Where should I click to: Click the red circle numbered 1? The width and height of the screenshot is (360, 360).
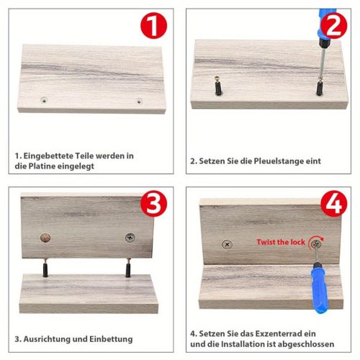[x=153, y=25]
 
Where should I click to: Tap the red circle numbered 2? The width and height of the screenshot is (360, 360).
[x=334, y=26]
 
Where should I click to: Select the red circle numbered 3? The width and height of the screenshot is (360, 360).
[x=153, y=204]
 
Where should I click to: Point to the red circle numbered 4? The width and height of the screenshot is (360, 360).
[x=334, y=204]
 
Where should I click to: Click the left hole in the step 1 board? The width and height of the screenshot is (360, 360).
[x=44, y=100]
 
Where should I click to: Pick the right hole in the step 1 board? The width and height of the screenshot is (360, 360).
[x=139, y=101]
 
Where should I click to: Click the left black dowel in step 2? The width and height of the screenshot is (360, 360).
[x=218, y=86]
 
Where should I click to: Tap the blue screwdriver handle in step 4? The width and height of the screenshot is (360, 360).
[x=318, y=288]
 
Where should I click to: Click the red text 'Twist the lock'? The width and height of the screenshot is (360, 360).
[x=281, y=242]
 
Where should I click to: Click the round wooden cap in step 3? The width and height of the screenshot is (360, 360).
[x=45, y=238]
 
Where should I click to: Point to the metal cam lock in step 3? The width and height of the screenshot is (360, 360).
[x=130, y=238]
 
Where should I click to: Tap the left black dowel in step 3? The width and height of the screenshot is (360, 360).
[x=45, y=268]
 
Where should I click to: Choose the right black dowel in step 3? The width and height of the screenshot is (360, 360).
[x=128, y=268]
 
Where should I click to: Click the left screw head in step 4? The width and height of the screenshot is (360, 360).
[x=227, y=245]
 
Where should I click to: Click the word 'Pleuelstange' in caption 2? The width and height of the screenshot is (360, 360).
[x=279, y=161]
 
